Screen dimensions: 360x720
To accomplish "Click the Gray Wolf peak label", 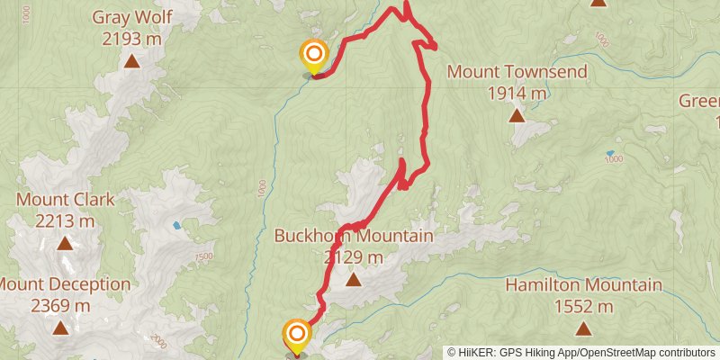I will (131, 17).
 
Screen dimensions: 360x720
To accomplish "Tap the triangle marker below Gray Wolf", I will (132, 61).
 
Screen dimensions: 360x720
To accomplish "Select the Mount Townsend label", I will (517, 72).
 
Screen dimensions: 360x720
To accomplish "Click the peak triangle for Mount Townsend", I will (517, 115).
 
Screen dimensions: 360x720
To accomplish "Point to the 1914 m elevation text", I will (517, 93).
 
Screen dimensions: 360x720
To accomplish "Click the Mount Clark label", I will (66, 200).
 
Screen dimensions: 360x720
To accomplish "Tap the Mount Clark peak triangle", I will (65, 243).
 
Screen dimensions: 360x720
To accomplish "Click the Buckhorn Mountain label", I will (354, 237).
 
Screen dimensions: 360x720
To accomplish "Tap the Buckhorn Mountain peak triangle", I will (354, 280).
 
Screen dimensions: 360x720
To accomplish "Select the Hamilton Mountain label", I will (583, 285).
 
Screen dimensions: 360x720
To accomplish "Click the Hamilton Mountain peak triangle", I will (583, 328).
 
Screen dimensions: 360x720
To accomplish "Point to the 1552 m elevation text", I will (583, 306).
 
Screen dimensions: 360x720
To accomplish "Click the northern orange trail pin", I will (313, 56).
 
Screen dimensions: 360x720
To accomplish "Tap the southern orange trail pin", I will (296, 335).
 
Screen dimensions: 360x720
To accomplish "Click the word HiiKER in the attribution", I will (478, 353).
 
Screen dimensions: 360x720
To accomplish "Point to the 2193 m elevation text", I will (131, 39).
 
